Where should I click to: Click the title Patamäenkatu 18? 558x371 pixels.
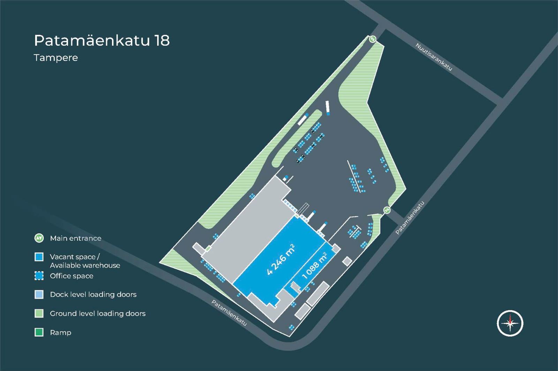click(x=102, y=41)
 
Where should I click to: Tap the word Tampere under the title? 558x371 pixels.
click(x=56, y=58)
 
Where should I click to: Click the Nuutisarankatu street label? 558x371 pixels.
click(x=434, y=57)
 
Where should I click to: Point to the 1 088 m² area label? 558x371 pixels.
click(x=315, y=266)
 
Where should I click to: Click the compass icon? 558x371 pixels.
click(x=510, y=323)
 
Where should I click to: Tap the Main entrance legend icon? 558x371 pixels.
click(x=39, y=238)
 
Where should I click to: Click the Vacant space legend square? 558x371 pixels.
click(x=39, y=257)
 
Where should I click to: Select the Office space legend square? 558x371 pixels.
click(x=39, y=276)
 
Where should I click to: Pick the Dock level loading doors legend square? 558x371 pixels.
click(x=39, y=295)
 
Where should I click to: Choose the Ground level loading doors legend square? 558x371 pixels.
click(x=39, y=314)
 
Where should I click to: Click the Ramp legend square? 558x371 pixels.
click(x=39, y=332)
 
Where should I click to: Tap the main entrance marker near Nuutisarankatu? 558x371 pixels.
click(x=372, y=39)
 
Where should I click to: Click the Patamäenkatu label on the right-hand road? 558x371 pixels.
click(x=410, y=218)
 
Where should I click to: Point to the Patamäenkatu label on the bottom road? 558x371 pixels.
click(x=229, y=313)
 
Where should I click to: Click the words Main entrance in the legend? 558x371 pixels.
click(x=76, y=238)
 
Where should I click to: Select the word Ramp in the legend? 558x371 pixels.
click(x=61, y=333)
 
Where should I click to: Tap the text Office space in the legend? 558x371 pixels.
click(x=71, y=276)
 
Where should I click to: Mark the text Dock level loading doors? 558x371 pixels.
click(x=93, y=295)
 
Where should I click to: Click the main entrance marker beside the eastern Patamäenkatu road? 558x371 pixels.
click(x=387, y=210)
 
